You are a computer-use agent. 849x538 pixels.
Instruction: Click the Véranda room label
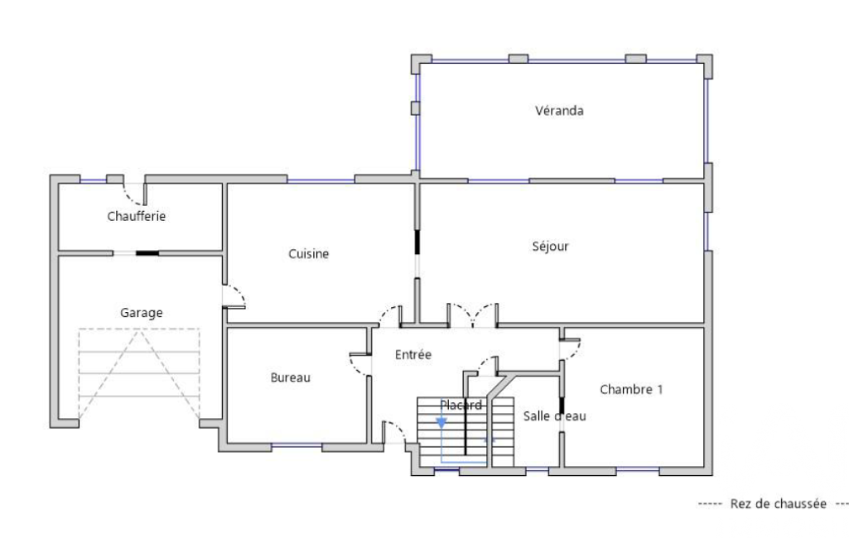tap(559, 111)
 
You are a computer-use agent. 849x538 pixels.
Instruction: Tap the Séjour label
tap(550, 247)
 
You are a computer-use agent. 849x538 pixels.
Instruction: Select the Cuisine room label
tap(309, 254)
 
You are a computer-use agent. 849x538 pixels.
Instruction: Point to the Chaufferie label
tap(137, 217)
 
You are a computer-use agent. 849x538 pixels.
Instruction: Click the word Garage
tap(142, 313)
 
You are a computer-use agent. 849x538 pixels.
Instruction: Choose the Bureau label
tap(291, 377)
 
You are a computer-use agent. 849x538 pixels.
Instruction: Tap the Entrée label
tap(413, 355)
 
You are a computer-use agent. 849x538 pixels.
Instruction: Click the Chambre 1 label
tap(631, 390)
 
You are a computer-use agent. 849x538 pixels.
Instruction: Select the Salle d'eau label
tap(554, 416)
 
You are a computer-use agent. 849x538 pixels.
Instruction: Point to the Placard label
tap(461, 406)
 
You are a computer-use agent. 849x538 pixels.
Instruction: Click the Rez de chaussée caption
tap(778, 504)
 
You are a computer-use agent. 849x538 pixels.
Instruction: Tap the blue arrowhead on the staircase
tap(441, 423)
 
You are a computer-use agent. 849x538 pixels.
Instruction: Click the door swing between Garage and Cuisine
tap(237, 293)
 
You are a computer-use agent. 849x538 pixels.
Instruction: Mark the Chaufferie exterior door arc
tap(132, 198)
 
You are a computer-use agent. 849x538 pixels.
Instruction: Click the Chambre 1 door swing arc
tap(574, 351)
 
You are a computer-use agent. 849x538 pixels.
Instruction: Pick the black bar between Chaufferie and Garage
tap(147, 252)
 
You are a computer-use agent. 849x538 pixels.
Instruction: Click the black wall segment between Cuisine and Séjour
tap(417, 242)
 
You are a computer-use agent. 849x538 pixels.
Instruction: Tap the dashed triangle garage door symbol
tap(139, 375)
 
